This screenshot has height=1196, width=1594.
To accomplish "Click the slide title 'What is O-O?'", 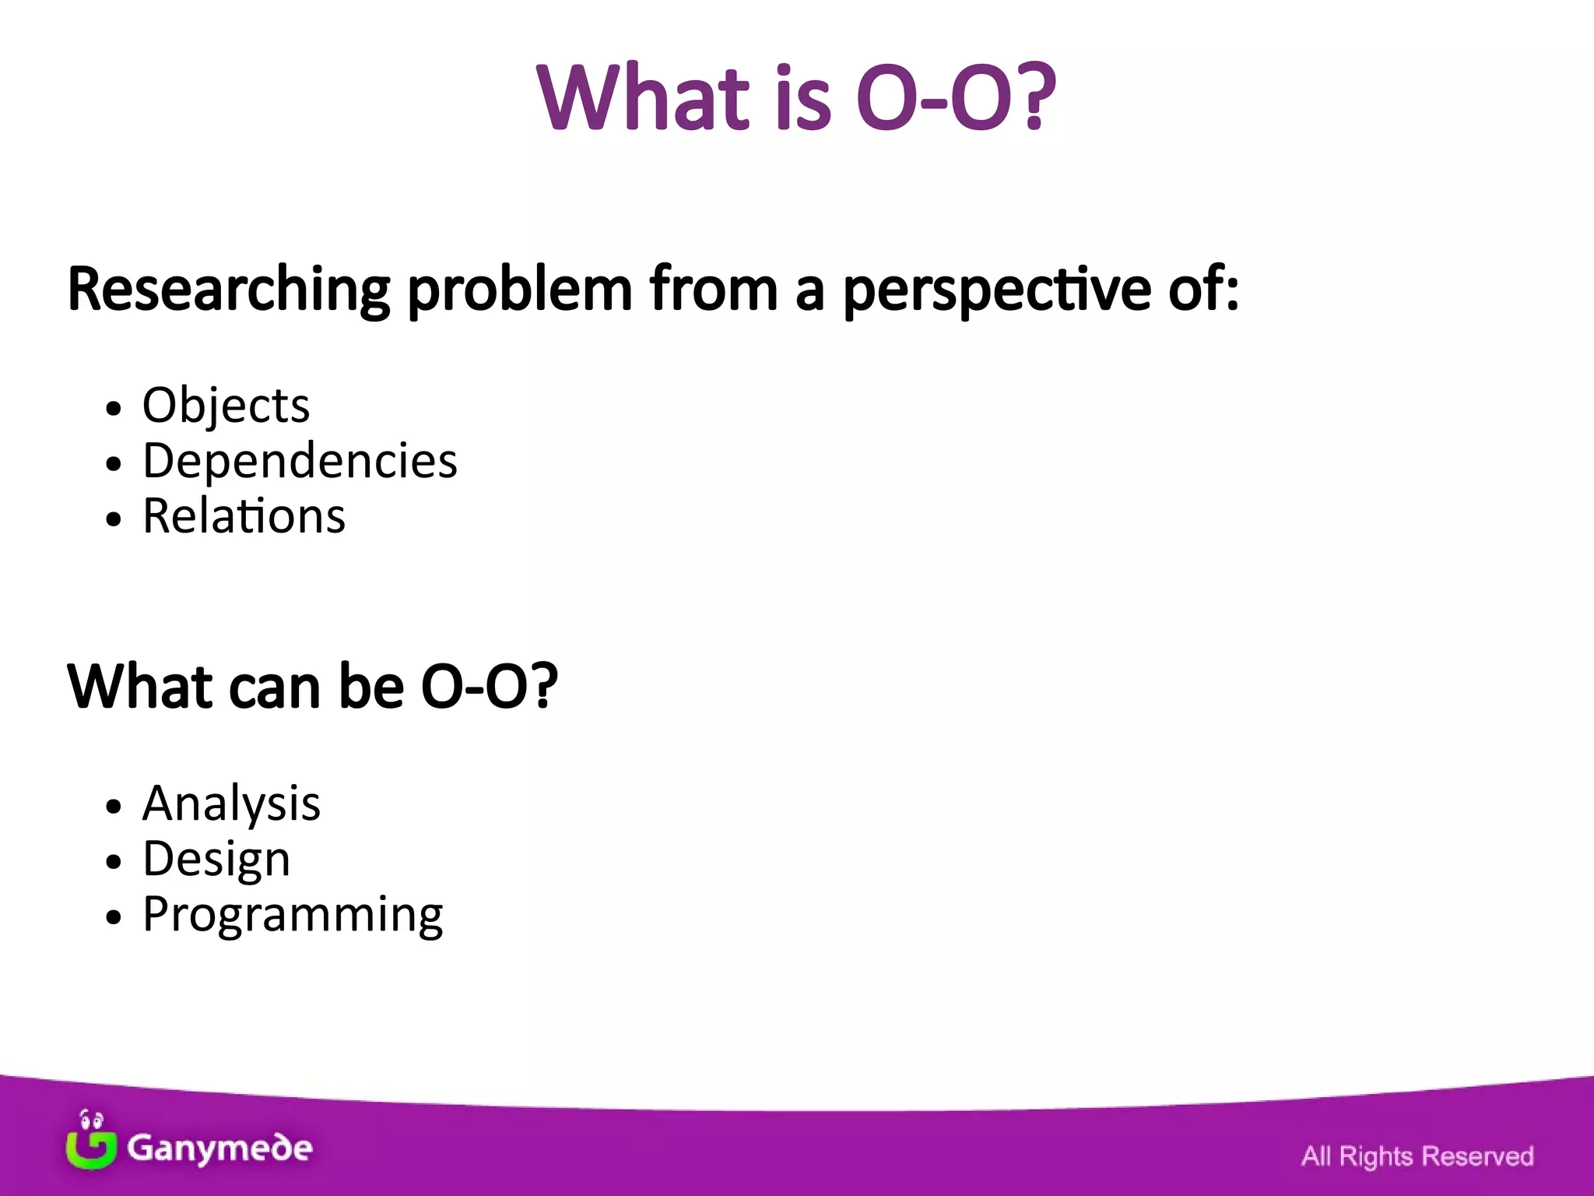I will [796, 97].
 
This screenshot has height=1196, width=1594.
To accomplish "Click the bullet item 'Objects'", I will [226, 406].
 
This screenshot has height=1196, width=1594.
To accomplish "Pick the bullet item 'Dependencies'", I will [300, 461].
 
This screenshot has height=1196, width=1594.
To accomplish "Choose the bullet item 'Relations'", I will [244, 516].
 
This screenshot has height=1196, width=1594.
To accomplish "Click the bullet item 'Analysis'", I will [231, 804].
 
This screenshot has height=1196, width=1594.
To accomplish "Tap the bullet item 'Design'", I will [216, 859].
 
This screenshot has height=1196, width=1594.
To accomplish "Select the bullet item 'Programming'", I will [293, 914].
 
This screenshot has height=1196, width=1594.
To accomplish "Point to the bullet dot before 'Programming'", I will [114, 917].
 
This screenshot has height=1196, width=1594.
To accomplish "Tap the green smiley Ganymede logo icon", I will [91, 1141].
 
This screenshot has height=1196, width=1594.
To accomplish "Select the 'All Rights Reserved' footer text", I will [1417, 1156].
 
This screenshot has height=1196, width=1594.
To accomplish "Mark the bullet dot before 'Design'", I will [114, 862].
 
